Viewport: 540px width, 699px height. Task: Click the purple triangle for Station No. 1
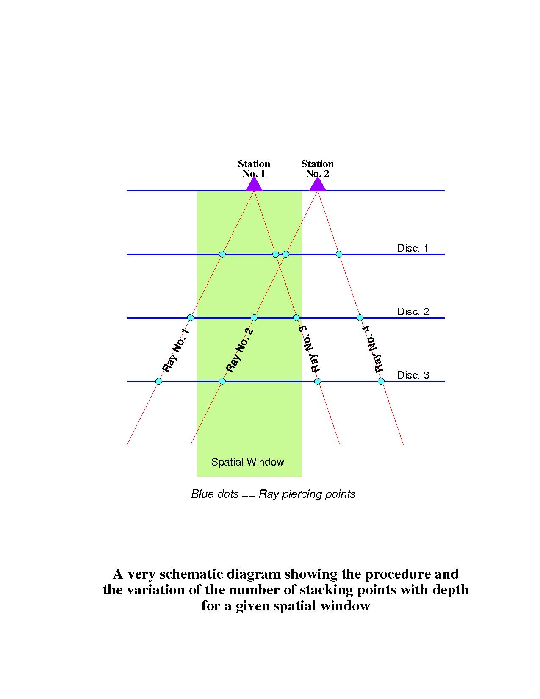coord(254,186)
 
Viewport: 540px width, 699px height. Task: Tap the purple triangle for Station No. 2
coord(318,186)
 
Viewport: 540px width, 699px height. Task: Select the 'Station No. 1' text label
coord(254,169)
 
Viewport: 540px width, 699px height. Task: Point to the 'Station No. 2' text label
coord(318,169)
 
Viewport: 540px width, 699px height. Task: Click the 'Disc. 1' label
coord(413,248)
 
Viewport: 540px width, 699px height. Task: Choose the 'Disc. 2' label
coord(413,312)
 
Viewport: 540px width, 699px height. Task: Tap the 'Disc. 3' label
coord(413,375)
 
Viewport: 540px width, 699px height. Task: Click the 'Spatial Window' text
coord(248,462)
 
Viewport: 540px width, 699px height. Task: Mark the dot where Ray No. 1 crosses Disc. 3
coord(159,381)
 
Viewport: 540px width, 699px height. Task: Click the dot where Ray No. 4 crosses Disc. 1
coord(339,254)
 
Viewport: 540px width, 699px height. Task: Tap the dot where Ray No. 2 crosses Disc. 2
coord(254,318)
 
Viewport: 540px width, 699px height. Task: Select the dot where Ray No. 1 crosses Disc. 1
coord(222,254)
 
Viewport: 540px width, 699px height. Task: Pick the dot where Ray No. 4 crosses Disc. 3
coord(381,381)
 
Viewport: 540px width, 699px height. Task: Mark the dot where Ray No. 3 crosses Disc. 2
coord(296,318)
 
